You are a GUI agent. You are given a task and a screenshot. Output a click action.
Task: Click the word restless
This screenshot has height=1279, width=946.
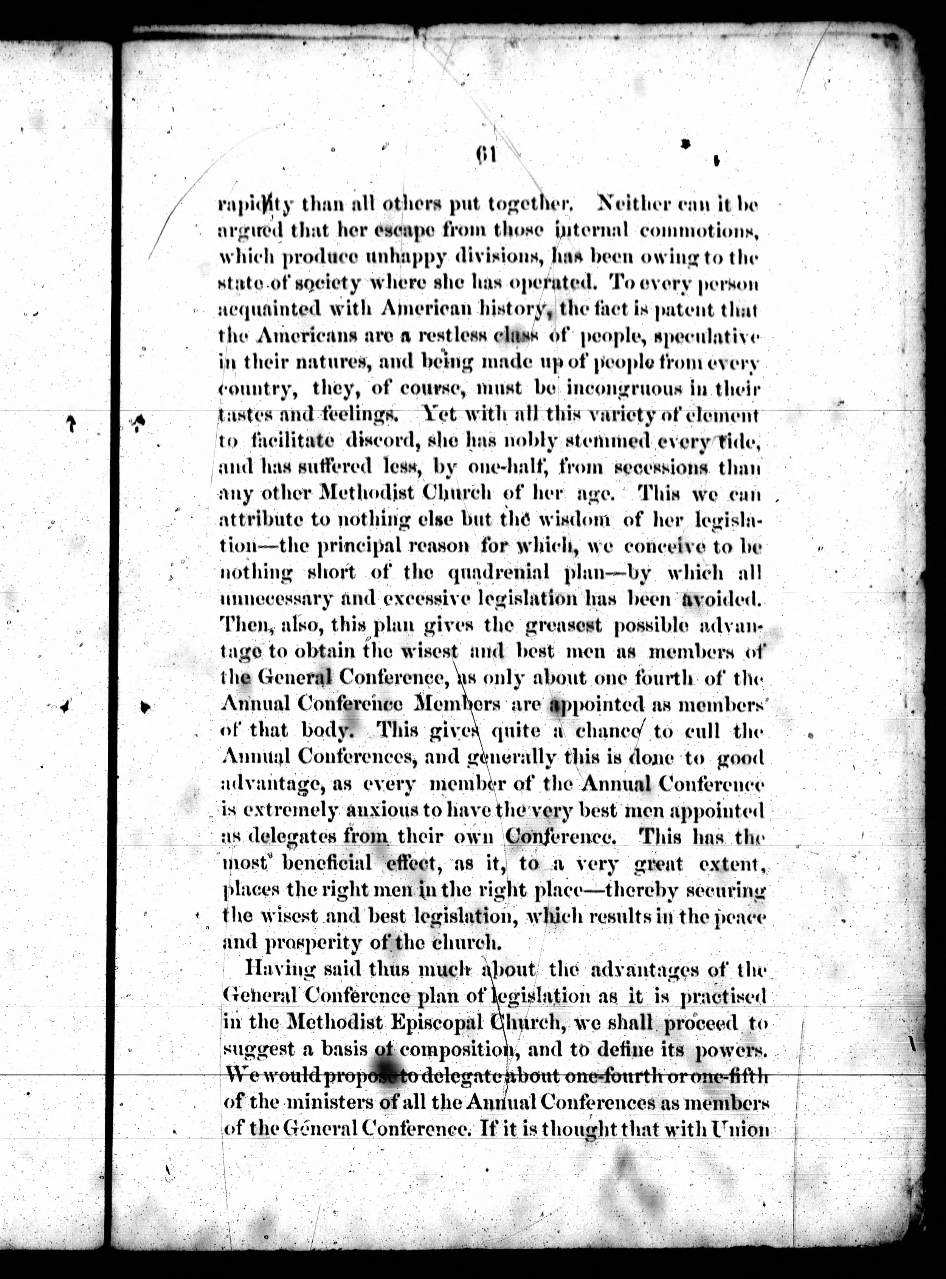point(444,336)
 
